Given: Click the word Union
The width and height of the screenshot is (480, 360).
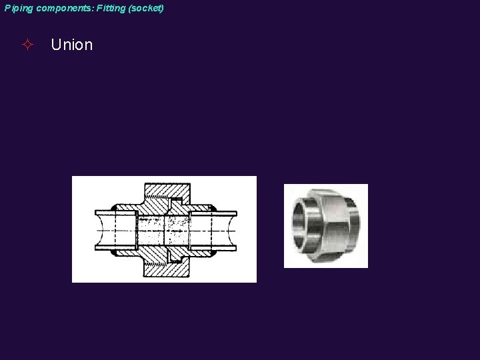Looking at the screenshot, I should coord(71,45).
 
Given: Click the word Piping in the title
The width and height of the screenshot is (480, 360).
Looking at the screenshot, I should coord(17,9).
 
